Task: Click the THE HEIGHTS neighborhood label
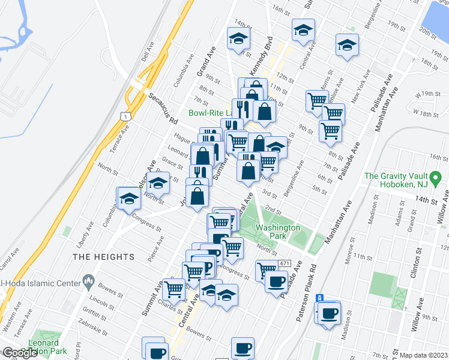(x=104, y=257)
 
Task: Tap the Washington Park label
(x=277, y=232)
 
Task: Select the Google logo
(x=20, y=353)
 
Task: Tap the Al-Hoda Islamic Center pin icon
(x=88, y=280)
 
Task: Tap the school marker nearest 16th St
(x=304, y=29)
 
